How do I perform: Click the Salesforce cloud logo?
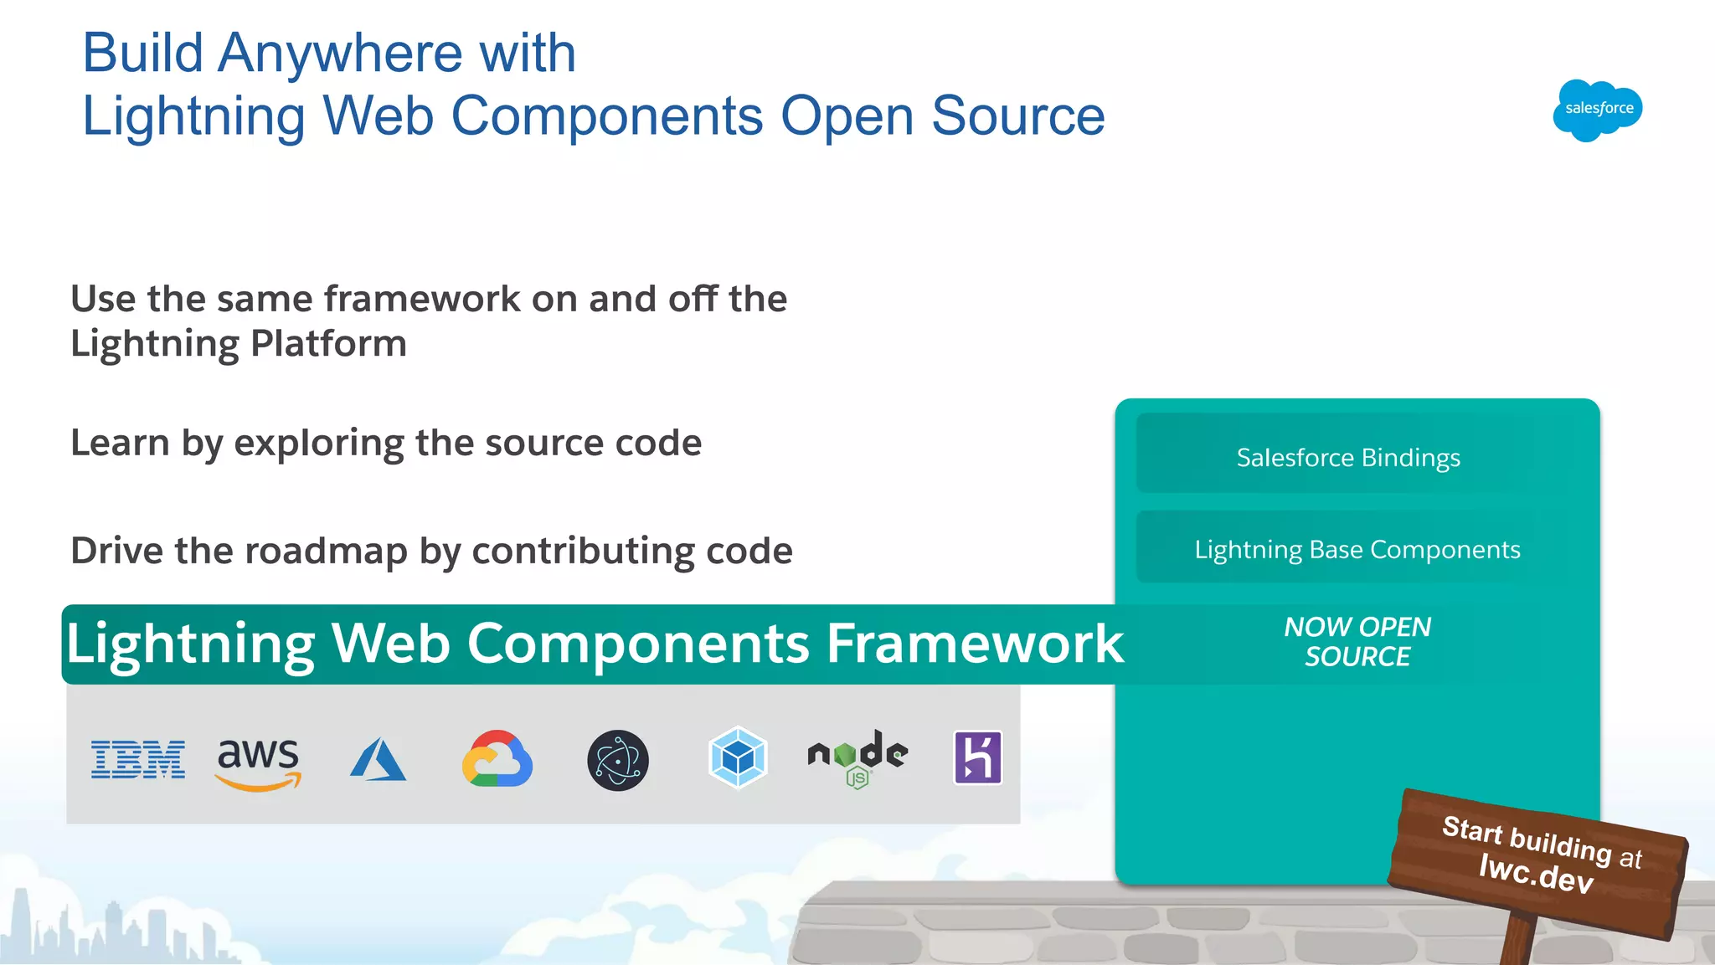point(1598,110)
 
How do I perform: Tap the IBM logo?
point(138,759)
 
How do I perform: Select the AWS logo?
point(258,762)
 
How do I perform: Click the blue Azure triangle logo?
point(378,759)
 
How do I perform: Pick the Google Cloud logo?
point(497,759)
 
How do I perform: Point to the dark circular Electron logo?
point(618,760)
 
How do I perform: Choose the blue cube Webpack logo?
point(738,757)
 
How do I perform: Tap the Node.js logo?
point(857,758)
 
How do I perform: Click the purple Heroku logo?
point(978,757)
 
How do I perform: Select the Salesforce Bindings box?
point(1348,457)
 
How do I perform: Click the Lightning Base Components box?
point(1357,549)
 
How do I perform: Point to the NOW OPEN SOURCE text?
point(1357,642)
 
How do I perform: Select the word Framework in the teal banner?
point(975,644)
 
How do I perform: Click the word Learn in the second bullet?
point(120,443)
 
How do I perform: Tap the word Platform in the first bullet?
point(328,343)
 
